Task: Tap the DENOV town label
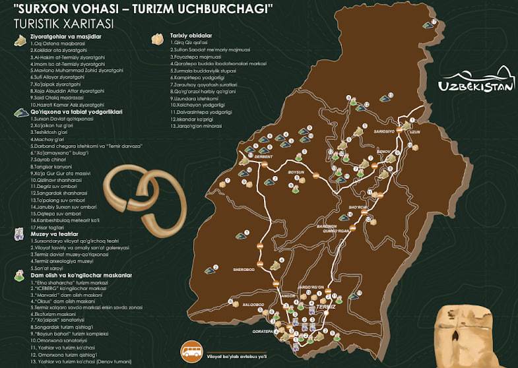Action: pos(383,150)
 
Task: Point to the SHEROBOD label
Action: pos(244,270)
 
